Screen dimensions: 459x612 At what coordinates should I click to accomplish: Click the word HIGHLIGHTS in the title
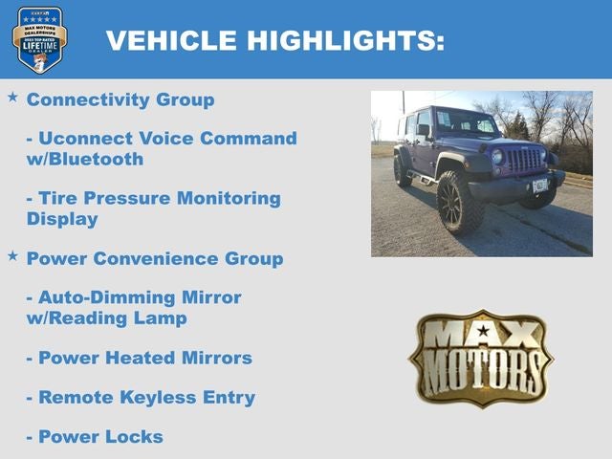[x=346, y=40]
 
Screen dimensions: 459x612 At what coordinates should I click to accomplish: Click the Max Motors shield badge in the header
[x=39, y=39]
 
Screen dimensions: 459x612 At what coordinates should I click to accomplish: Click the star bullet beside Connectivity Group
[x=12, y=98]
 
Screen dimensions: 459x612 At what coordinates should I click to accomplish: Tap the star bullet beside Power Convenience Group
[x=12, y=256]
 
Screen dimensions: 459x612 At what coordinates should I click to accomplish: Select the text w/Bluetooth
[x=85, y=160]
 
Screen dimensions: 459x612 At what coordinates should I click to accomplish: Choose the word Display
[x=62, y=219]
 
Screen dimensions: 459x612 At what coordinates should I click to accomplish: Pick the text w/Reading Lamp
[x=106, y=318]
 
